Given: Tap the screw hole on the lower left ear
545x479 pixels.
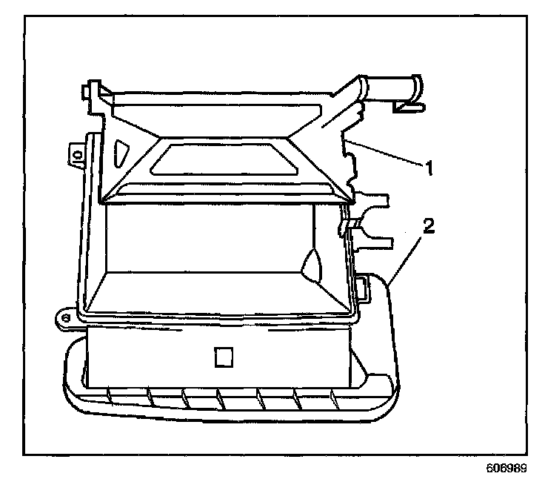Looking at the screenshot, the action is tap(66, 317).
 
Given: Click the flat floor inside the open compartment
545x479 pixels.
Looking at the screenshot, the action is tap(215, 290).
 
